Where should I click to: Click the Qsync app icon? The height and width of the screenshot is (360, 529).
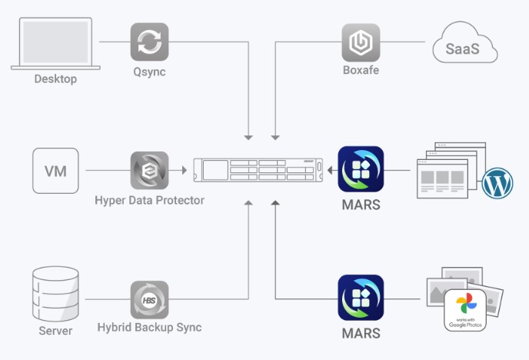[x=149, y=42]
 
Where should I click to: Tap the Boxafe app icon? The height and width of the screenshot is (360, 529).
[x=361, y=42]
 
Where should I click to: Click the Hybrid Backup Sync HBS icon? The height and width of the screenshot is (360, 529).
[x=149, y=299]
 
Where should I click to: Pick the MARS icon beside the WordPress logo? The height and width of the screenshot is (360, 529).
[x=361, y=170]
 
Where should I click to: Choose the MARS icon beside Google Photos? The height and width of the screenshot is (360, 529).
[x=361, y=298]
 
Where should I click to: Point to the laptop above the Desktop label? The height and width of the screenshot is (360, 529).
[x=55, y=45]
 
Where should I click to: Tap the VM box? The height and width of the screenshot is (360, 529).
[x=55, y=170]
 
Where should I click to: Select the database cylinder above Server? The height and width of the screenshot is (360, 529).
[x=55, y=294]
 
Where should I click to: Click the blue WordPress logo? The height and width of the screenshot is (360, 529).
[x=497, y=184]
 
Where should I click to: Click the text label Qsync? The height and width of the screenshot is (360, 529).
[x=149, y=73]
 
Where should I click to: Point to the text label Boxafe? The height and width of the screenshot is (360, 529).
[x=361, y=73]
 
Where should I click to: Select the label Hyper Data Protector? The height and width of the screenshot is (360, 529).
[x=149, y=201]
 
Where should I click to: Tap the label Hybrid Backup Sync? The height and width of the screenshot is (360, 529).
[x=149, y=328]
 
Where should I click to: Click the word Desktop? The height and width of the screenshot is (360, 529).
[x=55, y=79]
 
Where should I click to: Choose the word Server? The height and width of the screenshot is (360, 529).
[x=55, y=332]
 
